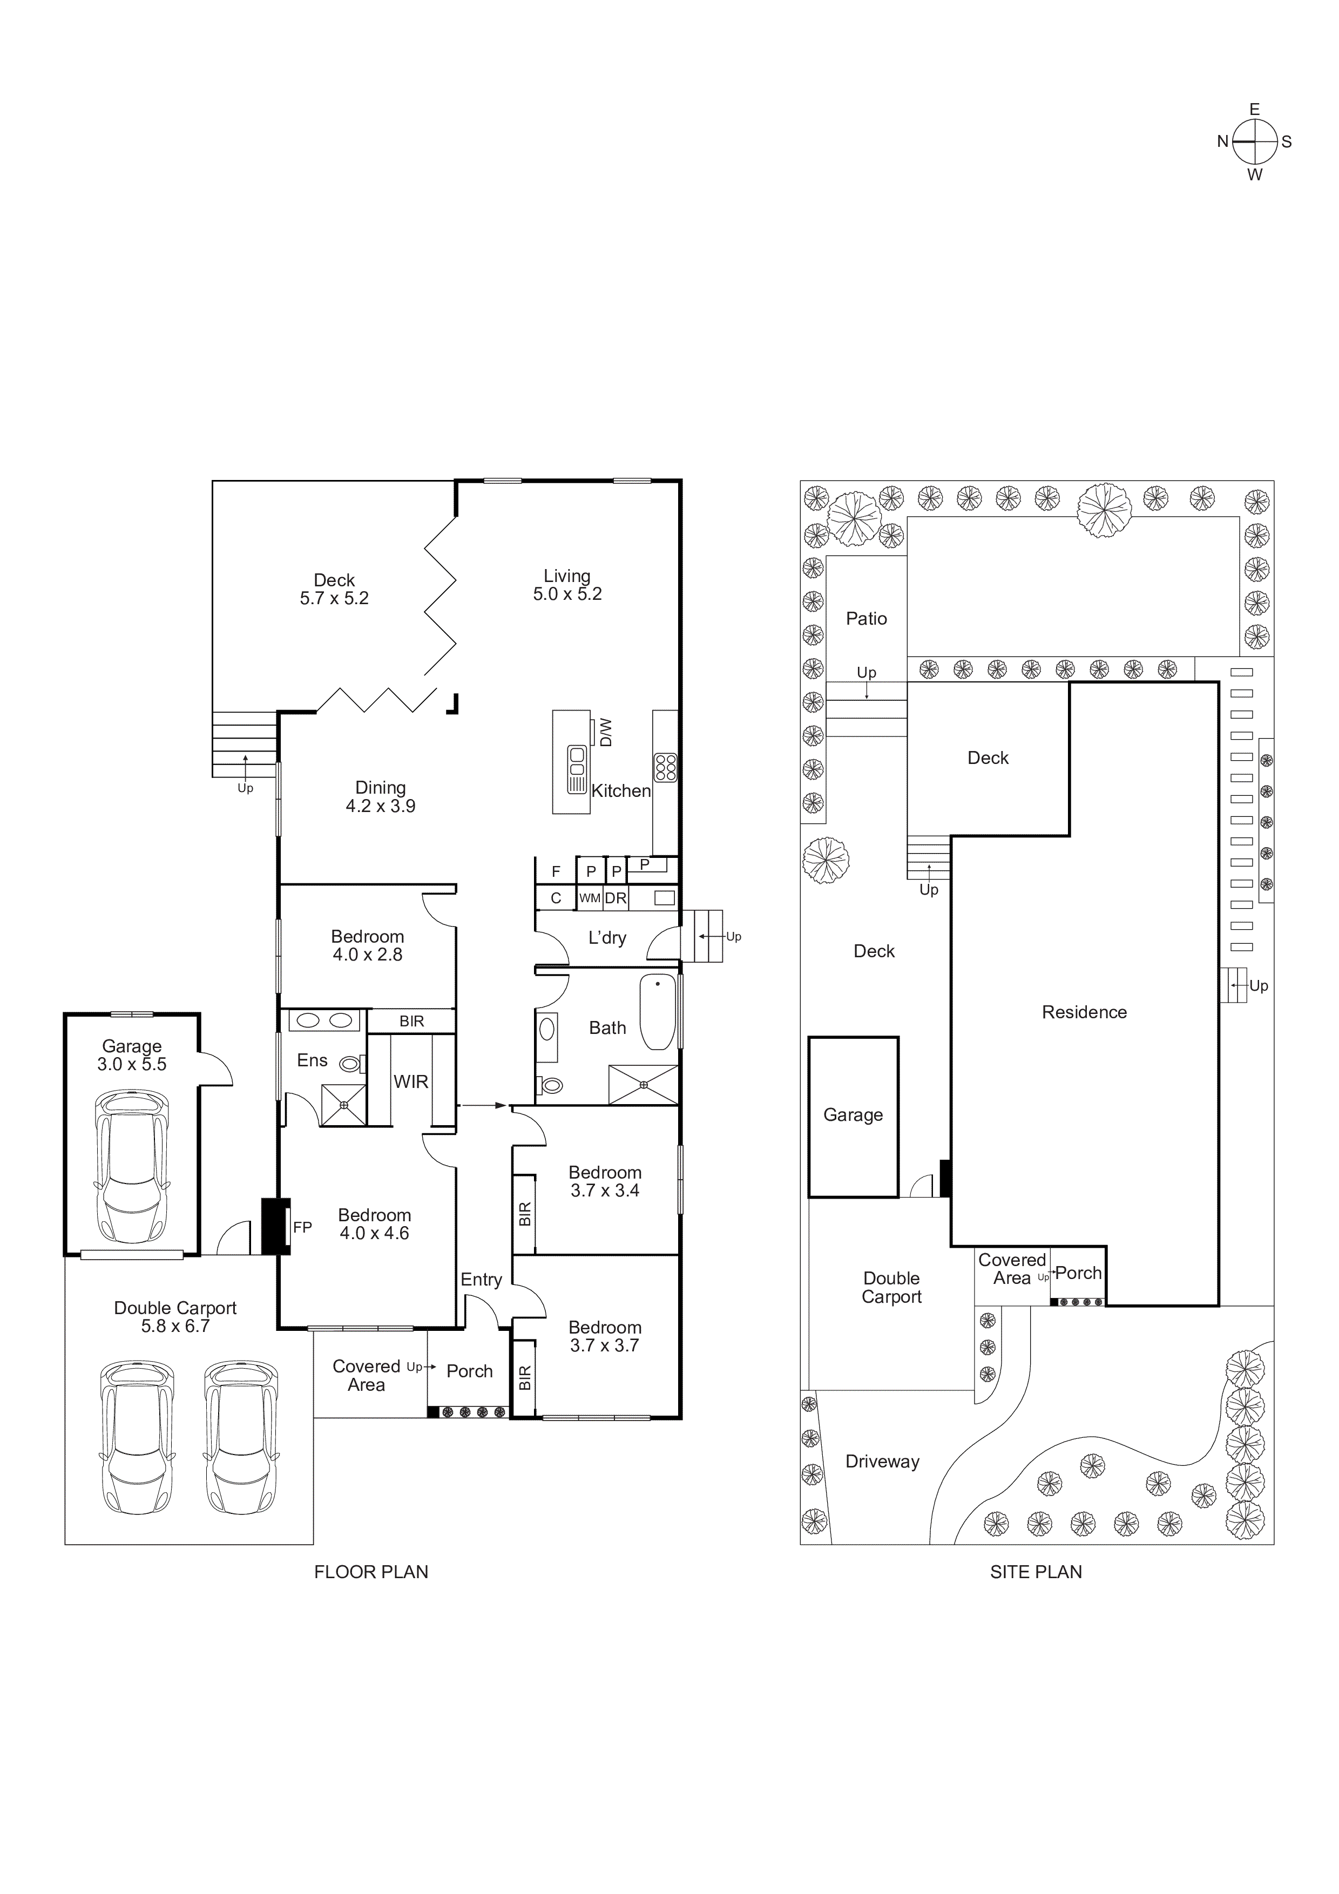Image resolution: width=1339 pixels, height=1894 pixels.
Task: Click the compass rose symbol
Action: click(x=1254, y=142)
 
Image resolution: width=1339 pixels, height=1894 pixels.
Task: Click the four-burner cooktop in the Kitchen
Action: click(x=665, y=767)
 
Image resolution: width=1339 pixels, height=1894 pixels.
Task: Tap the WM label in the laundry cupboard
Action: click(x=589, y=898)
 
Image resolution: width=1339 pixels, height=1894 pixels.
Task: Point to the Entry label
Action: click(x=481, y=1280)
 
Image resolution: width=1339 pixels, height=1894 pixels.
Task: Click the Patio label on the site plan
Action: click(x=866, y=619)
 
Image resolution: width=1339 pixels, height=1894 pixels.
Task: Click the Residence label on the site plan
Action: click(x=1084, y=1012)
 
